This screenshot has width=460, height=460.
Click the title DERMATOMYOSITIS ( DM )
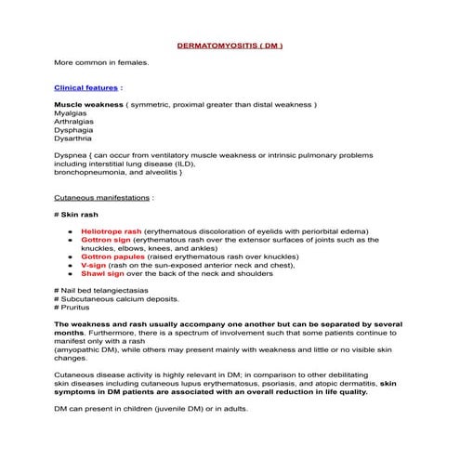(x=230, y=45)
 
